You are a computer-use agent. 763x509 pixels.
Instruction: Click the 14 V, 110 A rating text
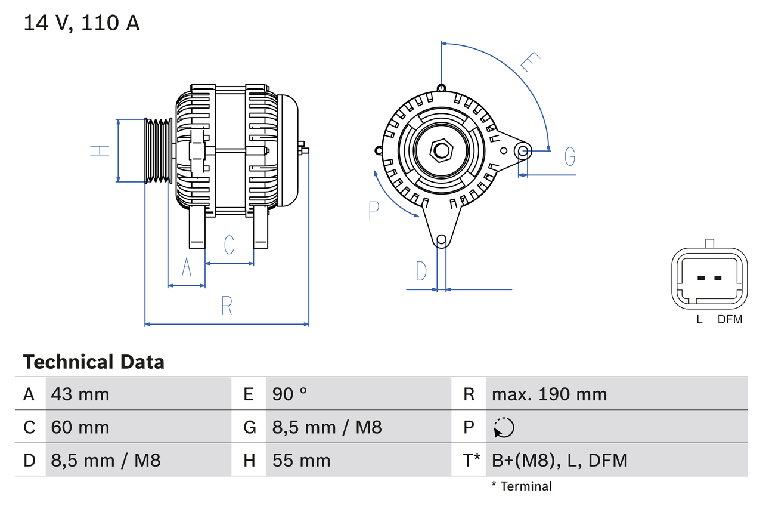point(82,23)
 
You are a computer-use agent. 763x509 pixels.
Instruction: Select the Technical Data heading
point(94,362)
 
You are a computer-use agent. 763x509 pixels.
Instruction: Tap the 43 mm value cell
point(80,394)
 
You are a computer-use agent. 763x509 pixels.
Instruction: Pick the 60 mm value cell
point(80,427)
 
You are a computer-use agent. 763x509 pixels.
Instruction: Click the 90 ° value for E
point(290,394)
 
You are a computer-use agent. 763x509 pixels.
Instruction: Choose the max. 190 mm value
point(549,394)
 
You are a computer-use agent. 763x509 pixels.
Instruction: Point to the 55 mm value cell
point(301,460)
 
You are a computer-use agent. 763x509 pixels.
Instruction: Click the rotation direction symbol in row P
point(504,427)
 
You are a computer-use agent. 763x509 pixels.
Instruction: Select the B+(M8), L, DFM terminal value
point(559,460)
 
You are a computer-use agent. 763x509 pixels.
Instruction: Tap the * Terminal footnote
point(522,486)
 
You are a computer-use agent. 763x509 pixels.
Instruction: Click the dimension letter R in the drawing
point(227,306)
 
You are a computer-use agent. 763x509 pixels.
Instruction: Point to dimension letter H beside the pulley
point(100,150)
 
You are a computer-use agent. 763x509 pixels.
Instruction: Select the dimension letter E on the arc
point(529,62)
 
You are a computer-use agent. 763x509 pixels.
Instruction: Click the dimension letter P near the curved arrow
point(374,211)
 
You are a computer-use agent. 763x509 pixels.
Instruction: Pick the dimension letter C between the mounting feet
point(229,245)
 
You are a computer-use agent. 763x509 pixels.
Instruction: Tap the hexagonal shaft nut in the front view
point(441,150)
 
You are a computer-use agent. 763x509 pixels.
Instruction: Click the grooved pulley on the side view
point(159,150)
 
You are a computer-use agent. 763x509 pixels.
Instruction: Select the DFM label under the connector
point(730,319)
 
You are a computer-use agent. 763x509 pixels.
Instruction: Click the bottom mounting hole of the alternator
point(441,240)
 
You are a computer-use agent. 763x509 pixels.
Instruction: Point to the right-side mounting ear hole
point(523,150)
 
